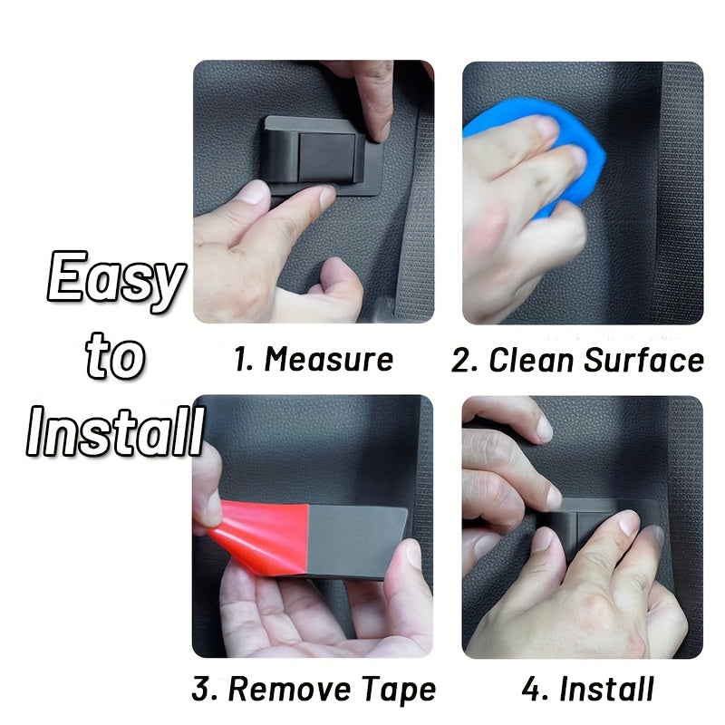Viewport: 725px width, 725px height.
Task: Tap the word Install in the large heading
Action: pos(114,432)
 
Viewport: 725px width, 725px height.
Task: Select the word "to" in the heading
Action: pos(114,357)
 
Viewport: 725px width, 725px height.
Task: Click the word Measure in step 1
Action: pos(329,360)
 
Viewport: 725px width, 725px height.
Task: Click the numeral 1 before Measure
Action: pos(242,360)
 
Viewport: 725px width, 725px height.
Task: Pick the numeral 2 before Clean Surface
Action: pos(464,360)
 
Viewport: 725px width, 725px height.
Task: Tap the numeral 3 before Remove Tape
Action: pos(203,689)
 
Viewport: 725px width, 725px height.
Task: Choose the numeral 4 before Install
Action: pos(533,689)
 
